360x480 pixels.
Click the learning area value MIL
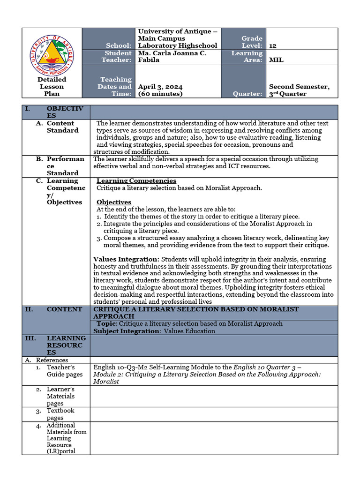point(276,60)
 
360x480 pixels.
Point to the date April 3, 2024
point(160,87)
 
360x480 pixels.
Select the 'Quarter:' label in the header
point(247,94)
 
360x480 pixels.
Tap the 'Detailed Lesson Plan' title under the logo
point(52,87)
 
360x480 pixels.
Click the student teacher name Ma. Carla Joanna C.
point(172,53)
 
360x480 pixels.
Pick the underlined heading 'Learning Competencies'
point(136,181)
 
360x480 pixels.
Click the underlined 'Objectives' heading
point(114,202)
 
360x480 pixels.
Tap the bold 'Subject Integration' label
point(127,331)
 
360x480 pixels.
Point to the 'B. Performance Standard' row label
point(65,166)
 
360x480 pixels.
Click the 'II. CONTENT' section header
point(64,309)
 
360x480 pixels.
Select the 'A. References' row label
point(46,360)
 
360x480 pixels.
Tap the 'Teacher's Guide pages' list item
point(64,371)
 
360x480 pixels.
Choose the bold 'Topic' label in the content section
point(106,323)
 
